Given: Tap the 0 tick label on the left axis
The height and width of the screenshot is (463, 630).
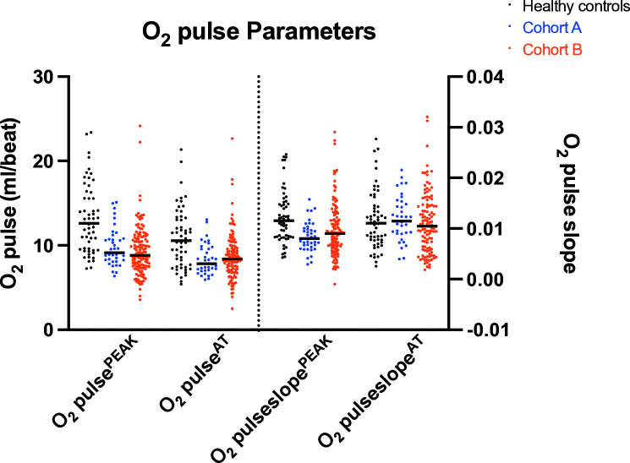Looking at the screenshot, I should coord(59,330).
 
